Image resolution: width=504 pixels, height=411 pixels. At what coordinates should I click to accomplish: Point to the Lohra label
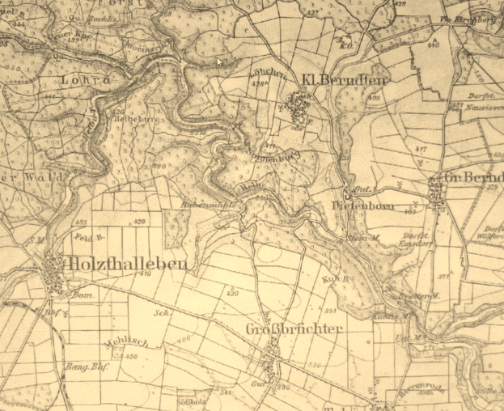83,80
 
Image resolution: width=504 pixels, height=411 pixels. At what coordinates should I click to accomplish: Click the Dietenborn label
362,206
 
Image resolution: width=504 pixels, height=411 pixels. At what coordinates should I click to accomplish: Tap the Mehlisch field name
121,343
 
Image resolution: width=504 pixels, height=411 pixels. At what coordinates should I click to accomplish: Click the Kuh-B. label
338,279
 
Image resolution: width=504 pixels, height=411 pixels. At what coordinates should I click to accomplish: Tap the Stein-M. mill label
366,237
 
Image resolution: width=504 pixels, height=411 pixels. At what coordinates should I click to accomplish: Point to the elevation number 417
419,150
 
